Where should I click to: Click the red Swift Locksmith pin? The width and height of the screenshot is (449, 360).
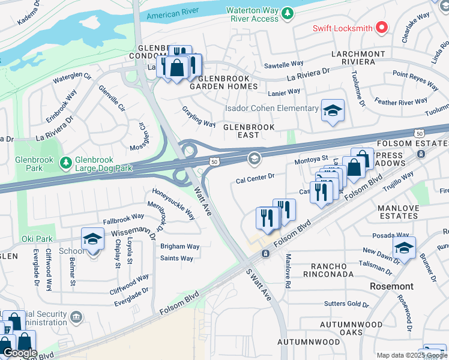pos(381,28)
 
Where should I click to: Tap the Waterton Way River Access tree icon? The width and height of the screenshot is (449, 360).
pos(288,13)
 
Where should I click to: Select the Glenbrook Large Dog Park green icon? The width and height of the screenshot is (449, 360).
pos(65,161)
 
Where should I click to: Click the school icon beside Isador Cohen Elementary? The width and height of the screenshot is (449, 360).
pos(333,111)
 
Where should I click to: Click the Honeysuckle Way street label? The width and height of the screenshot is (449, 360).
pos(173,205)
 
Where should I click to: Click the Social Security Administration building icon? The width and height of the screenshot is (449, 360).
pos(76,316)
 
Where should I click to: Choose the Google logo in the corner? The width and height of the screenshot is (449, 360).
pos(20,353)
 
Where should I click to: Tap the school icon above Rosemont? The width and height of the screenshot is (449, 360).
pos(404,248)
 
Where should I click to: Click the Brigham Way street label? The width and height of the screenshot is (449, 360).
pos(179,246)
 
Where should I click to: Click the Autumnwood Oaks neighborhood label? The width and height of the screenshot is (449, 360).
pos(351,328)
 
